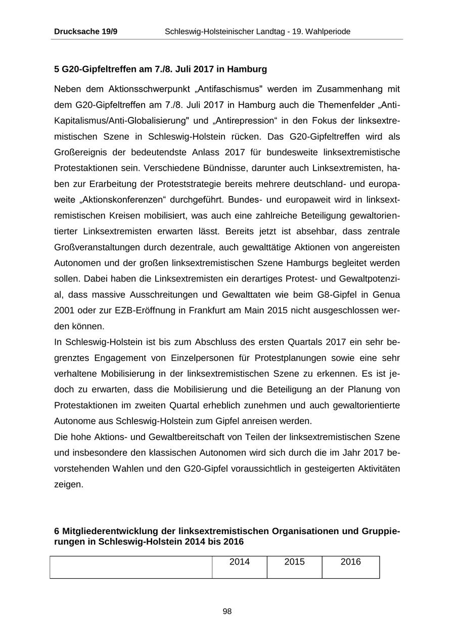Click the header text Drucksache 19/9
(85, 31)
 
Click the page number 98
(227, 612)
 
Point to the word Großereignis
(81, 152)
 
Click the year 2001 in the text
(64, 310)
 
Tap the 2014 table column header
(240, 562)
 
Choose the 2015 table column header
(295, 562)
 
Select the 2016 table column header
(351, 562)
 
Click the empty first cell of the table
(131, 567)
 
